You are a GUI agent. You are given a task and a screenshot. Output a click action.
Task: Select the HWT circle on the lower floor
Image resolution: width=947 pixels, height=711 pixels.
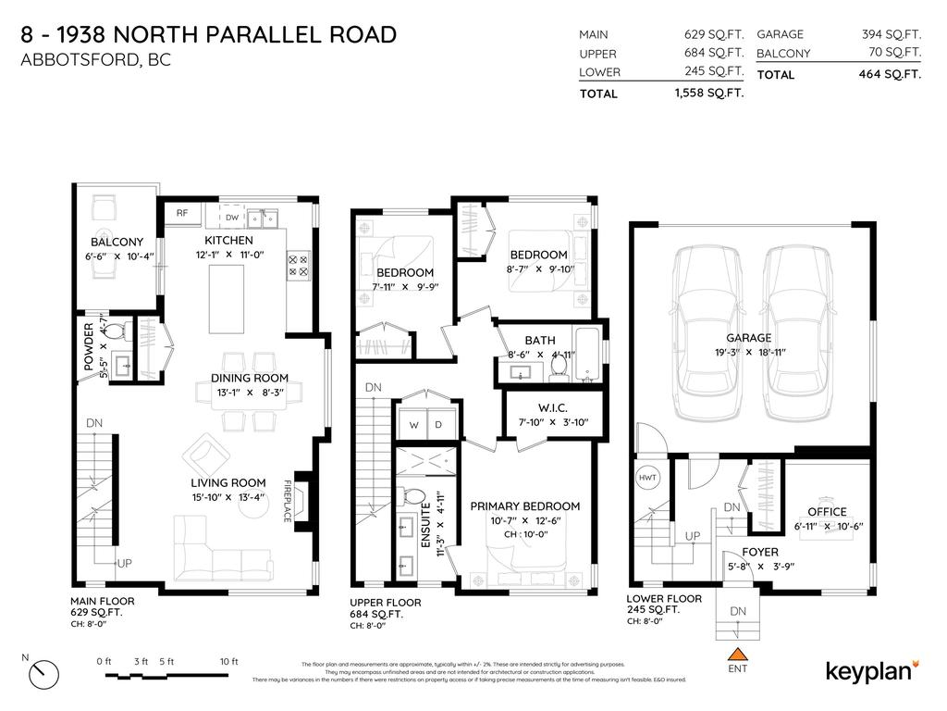click(x=647, y=478)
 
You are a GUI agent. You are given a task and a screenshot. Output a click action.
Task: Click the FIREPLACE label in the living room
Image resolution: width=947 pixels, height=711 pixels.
click(x=288, y=501)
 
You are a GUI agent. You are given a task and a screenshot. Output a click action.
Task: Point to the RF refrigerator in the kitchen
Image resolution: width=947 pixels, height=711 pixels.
click(x=182, y=213)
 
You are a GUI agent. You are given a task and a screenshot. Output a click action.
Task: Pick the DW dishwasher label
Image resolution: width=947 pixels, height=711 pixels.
click(x=232, y=218)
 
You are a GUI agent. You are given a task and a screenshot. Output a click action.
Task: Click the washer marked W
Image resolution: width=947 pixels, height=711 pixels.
click(x=413, y=425)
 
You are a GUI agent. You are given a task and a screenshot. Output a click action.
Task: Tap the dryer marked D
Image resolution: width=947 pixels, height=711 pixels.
click(x=439, y=425)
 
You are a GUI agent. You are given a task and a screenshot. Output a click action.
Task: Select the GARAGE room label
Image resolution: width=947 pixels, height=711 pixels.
click(x=748, y=338)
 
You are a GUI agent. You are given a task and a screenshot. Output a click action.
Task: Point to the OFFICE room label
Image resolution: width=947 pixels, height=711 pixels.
click(x=827, y=512)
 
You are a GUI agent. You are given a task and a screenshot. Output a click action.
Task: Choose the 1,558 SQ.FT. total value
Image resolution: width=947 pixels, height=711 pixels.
click(x=709, y=94)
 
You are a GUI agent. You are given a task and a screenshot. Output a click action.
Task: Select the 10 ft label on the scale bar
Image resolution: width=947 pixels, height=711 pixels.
click(x=228, y=661)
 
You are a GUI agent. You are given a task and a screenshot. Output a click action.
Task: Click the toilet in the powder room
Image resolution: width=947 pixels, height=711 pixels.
click(x=115, y=331)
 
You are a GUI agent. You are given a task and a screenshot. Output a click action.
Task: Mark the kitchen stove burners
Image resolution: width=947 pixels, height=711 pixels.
click(x=300, y=266)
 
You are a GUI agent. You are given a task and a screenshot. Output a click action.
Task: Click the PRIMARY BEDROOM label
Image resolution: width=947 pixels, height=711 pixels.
click(x=524, y=506)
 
